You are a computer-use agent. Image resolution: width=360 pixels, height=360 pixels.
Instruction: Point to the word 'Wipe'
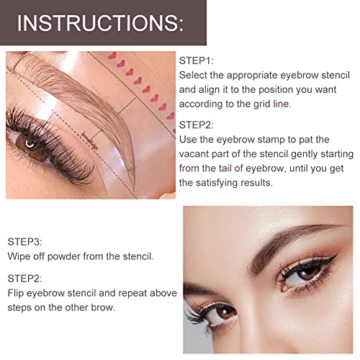[22, 255]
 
